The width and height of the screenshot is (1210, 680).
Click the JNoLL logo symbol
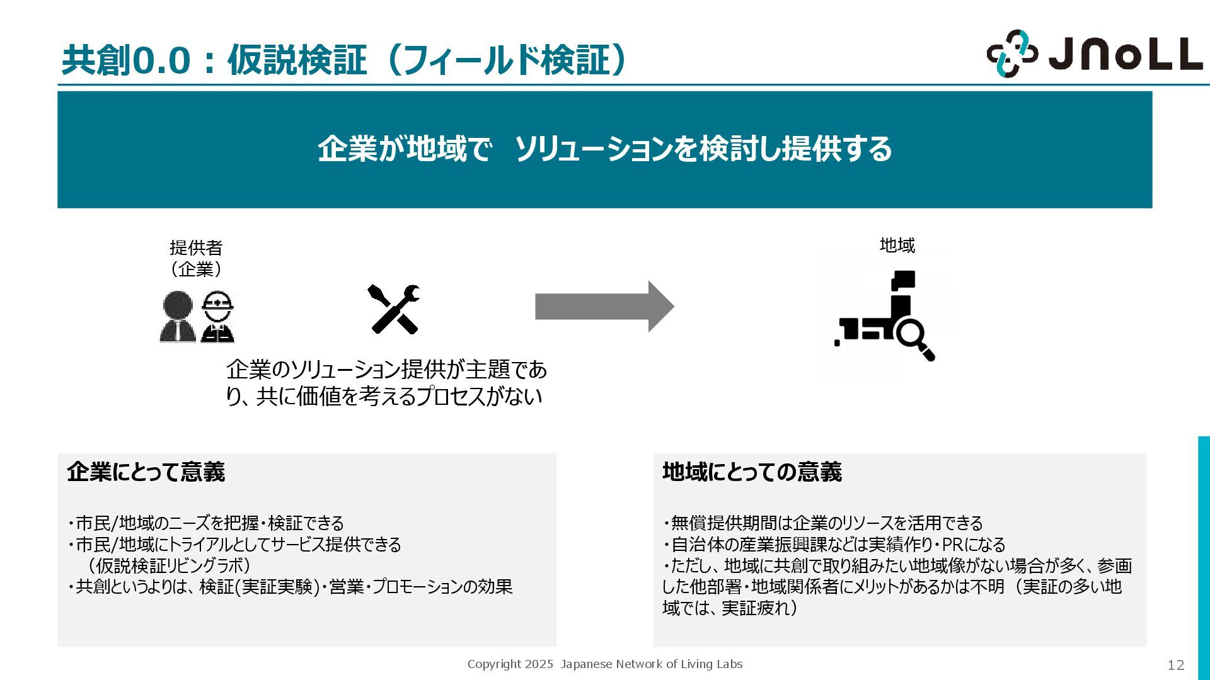pos(1011,54)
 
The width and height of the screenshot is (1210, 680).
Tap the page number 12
pos(1176,665)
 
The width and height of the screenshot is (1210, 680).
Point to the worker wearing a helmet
pos(217,317)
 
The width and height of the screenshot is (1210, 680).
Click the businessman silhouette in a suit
pos(177,317)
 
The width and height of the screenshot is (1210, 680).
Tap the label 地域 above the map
pos(897,246)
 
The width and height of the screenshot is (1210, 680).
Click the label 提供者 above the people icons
pos(196,247)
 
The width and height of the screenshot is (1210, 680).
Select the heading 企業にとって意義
pos(146,472)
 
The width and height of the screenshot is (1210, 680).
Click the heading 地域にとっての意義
pos(752,472)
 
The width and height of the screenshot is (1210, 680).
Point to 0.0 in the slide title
pos(162,61)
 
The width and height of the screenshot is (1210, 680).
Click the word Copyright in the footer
pos(494,664)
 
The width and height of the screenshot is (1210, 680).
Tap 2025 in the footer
pos(539,664)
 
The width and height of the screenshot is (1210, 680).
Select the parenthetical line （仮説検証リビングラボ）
pos(170,565)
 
